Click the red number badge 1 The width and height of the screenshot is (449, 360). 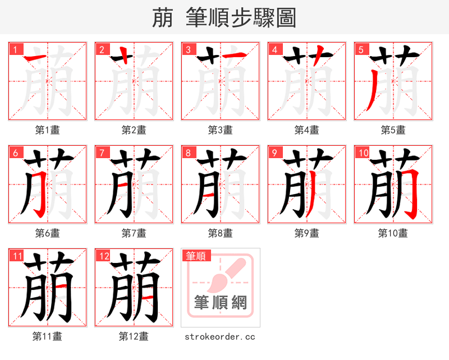point(15,49)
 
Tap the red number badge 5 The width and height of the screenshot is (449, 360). point(360,49)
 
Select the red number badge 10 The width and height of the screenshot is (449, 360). point(362,152)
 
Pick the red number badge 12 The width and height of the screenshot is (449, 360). point(103,256)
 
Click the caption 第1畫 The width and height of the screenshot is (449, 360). point(48,130)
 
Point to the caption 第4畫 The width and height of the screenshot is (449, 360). point(307,130)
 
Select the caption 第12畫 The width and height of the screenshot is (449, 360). point(134,336)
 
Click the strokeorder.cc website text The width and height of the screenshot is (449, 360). point(220,336)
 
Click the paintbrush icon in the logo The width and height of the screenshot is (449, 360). point(224,275)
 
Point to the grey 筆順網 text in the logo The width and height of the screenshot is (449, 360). point(220,303)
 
